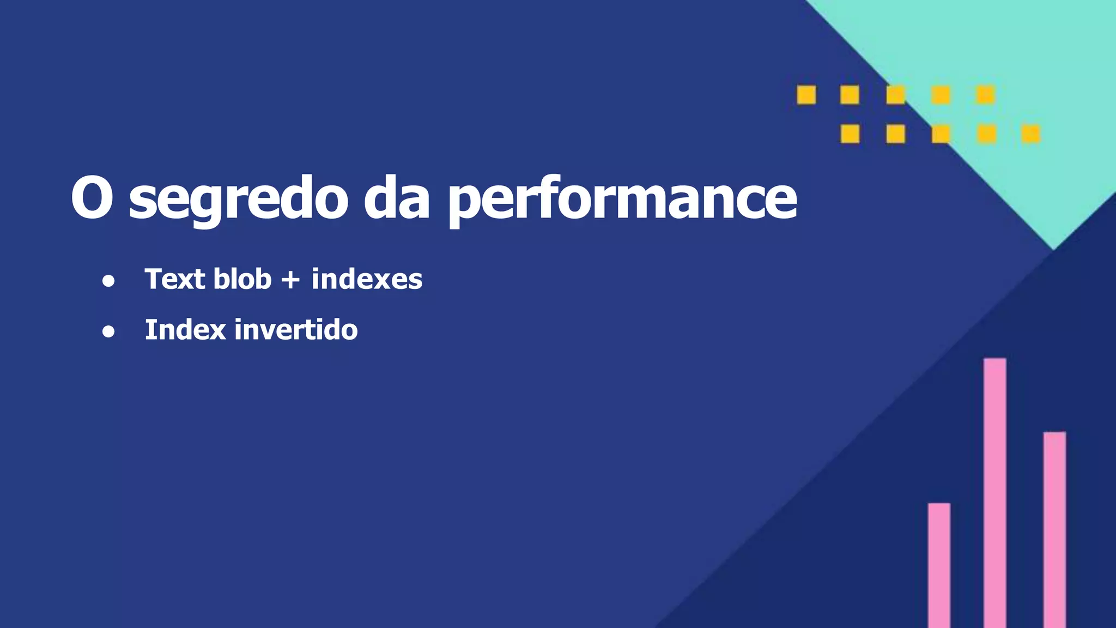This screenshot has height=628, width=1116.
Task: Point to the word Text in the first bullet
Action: (174, 279)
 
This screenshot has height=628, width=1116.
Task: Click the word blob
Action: (242, 279)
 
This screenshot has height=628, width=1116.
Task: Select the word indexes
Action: (367, 279)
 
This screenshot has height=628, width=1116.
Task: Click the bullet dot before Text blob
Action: (108, 281)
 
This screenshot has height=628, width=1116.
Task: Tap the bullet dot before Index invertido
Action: (108, 331)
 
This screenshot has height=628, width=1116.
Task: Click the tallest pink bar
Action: (994, 491)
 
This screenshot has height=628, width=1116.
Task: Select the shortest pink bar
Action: (939, 564)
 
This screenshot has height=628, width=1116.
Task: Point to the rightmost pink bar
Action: (1054, 529)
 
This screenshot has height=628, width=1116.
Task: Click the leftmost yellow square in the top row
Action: (806, 95)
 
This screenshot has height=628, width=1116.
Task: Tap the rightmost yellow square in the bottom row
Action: (1031, 134)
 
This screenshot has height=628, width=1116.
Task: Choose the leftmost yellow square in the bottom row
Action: (850, 134)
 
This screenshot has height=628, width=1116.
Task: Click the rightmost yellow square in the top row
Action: (985, 95)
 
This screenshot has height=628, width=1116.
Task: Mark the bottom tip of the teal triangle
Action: (1053, 248)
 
